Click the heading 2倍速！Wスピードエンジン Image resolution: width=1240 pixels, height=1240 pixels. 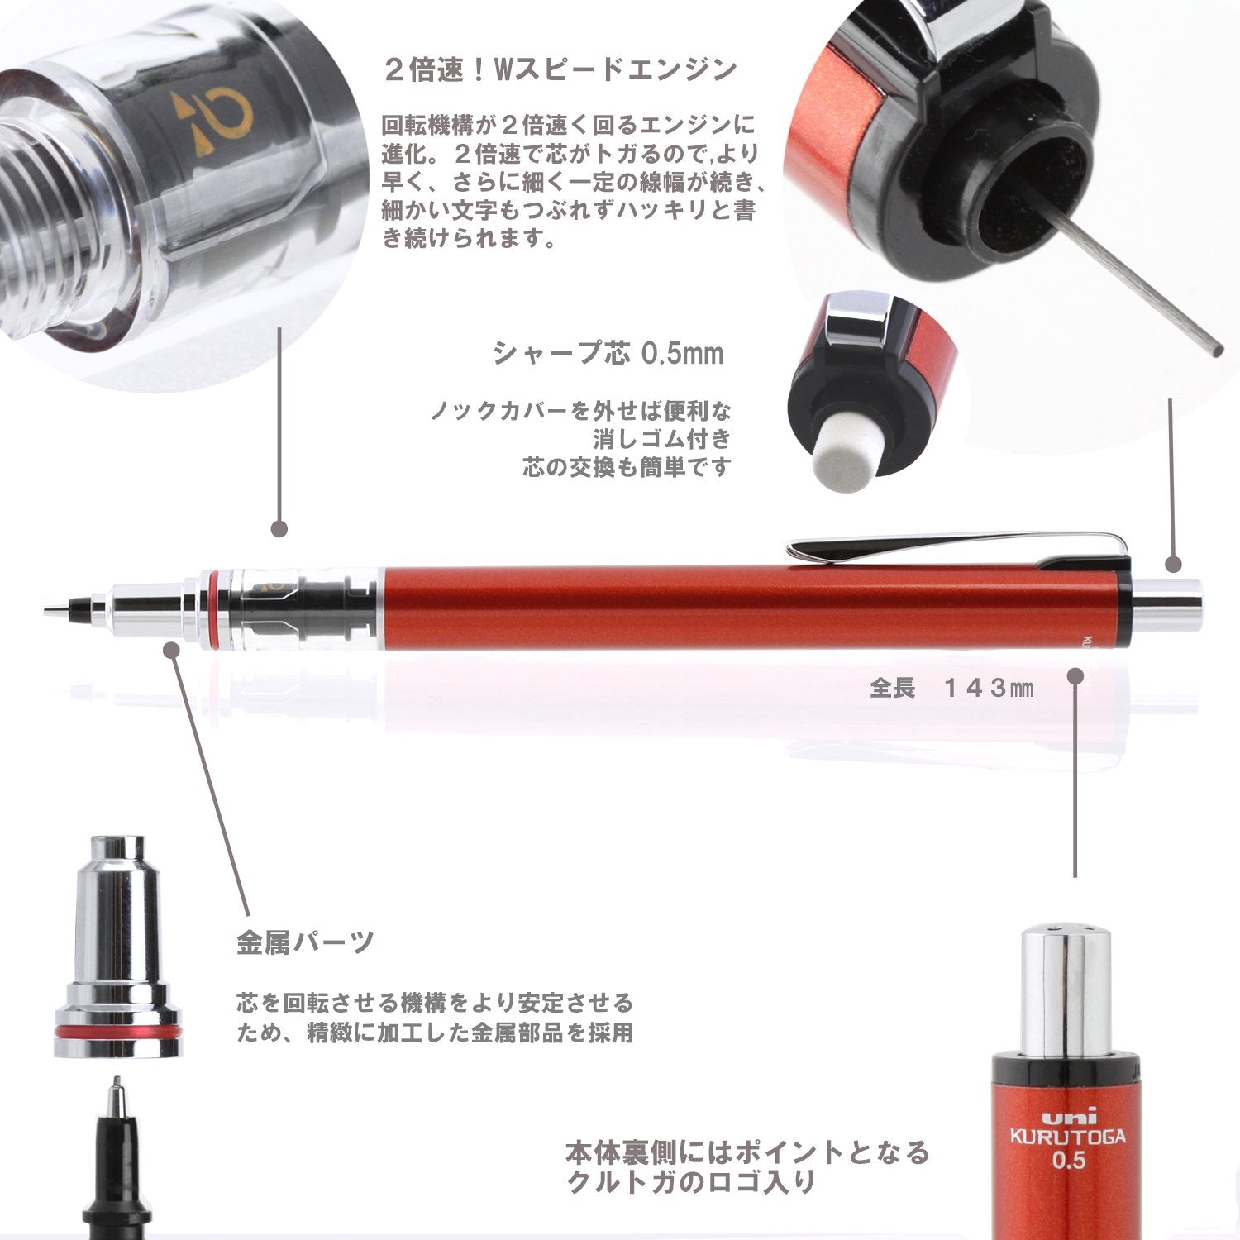tap(560, 69)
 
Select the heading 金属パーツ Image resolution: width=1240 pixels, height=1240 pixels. tap(305, 942)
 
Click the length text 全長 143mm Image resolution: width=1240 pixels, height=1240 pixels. tap(951, 688)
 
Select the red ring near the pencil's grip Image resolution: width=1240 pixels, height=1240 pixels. tap(216, 609)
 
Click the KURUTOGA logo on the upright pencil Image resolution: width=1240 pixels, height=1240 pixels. tap(1067, 1136)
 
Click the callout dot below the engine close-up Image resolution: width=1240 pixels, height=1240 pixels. tap(279, 528)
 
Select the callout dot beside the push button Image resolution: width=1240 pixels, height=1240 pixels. tap(1173, 565)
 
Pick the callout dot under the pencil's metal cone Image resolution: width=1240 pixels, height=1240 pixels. tap(172, 651)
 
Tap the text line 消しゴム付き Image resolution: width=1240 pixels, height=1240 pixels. tap(661, 438)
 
